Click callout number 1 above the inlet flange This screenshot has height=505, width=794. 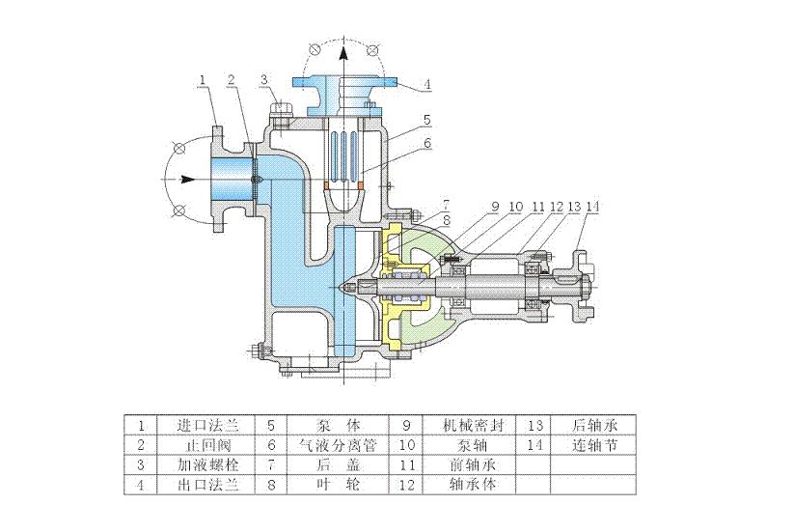click(x=203, y=78)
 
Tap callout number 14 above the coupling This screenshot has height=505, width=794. click(x=591, y=207)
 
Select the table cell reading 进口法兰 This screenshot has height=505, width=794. click(x=208, y=424)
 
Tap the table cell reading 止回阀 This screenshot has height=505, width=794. click(x=208, y=444)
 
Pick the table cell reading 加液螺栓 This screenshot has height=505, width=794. click(x=208, y=464)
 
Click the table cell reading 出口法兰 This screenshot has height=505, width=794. click(x=208, y=484)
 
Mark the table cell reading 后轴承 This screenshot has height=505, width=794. click(x=593, y=424)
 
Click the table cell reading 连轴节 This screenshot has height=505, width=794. click(x=593, y=444)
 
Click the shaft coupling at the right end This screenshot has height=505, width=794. click(x=582, y=281)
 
